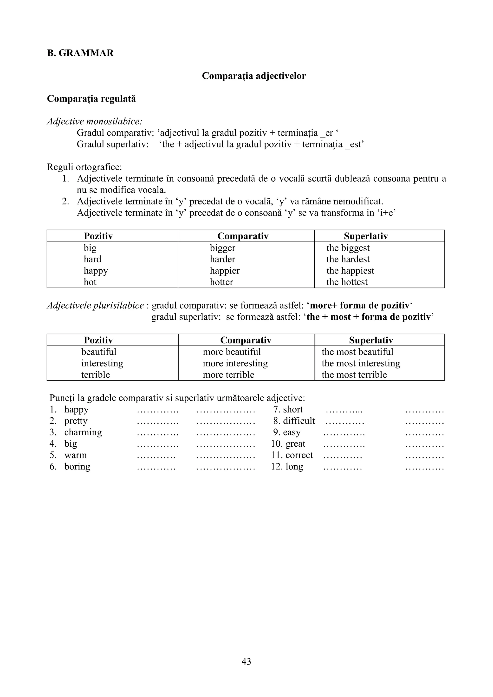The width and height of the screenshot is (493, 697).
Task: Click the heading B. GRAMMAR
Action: point(80,53)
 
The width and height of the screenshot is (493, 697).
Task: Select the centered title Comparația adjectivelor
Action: point(254,76)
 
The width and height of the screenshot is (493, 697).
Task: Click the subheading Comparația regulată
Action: point(91,99)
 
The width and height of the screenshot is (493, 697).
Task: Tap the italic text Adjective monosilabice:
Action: point(94,122)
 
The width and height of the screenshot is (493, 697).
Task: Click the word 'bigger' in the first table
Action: point(222,248)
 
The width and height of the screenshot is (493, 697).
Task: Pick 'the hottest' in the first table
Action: point(347,282)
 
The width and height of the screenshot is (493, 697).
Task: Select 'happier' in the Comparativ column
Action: point(225,271)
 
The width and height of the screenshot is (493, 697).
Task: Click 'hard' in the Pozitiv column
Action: point(92,259)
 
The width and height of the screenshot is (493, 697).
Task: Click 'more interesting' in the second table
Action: point(235,363)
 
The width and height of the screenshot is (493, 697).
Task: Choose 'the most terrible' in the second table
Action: point(354,375)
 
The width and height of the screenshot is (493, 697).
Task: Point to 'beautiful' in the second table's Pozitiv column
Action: point(99,352)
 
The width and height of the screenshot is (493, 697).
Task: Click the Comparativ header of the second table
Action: point(246,340)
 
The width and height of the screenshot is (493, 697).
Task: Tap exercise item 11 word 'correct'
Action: point(299,455)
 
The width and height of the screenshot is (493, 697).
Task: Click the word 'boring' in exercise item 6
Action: point(77,467)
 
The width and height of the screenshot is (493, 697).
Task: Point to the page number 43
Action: point(246,661)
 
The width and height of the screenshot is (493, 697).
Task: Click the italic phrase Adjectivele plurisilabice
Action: point(95,305)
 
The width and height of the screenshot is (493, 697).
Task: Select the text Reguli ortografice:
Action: point(84,167)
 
